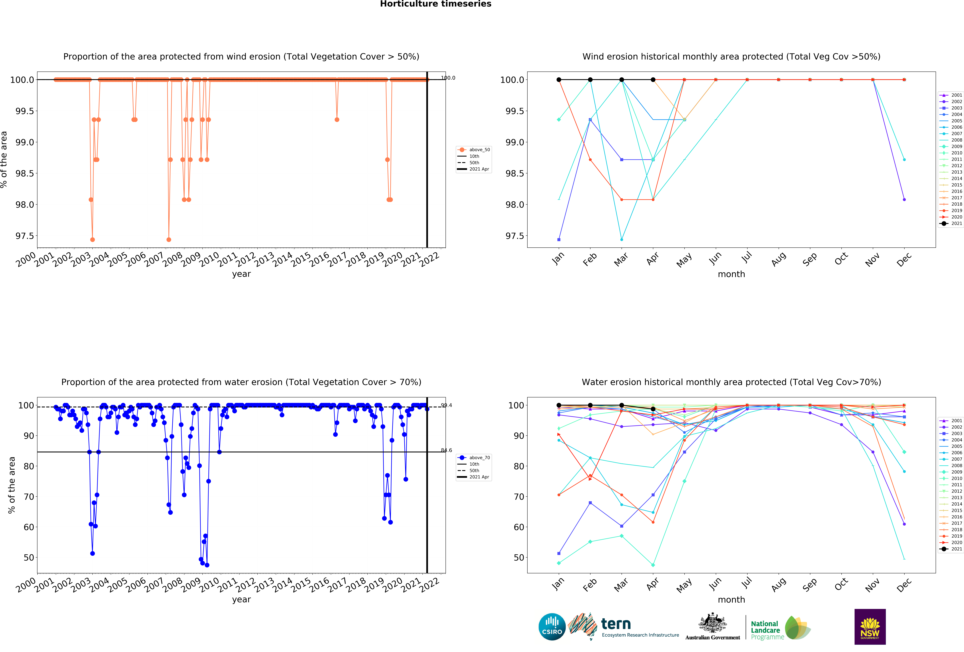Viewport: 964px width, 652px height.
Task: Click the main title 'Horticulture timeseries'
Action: click(x=436, y=4)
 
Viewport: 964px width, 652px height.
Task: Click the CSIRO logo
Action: click(x=552, y=627)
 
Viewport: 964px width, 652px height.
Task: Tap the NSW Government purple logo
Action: click(x=870, y=627)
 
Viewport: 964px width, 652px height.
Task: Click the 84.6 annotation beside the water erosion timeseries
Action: click(x=446, y=450)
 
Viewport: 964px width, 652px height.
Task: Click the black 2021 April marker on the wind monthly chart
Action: click(x=653, y=80)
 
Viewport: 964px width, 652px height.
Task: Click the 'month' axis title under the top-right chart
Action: click(x=731, y=274)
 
